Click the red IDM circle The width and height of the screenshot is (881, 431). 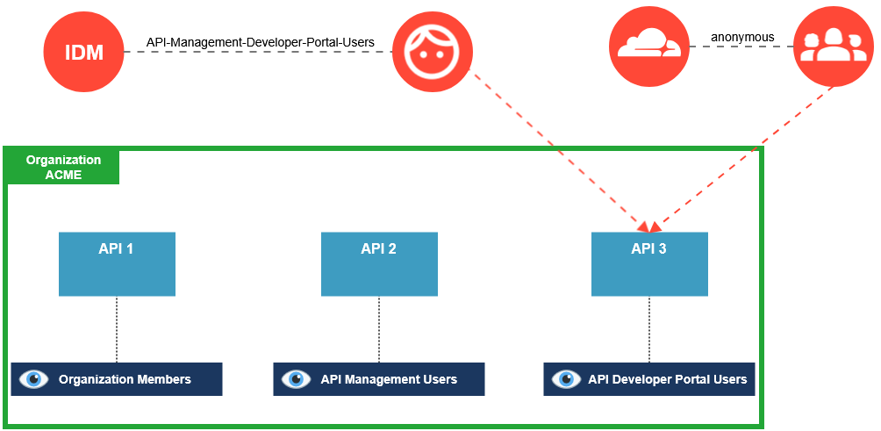(83, 53)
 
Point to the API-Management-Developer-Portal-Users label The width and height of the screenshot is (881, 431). (260, 41)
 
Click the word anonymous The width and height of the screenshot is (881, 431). (742, 37)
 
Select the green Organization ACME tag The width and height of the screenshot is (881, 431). (63, 167)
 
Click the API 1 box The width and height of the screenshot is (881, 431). (117, 263)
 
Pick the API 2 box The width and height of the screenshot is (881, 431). (379, 263)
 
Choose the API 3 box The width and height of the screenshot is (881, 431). (649, 263)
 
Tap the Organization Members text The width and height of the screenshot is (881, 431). (125, 380)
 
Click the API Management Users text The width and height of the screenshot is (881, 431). (389, 380)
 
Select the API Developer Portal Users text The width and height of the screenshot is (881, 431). (667, 380)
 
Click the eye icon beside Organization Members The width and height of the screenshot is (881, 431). (34, 379)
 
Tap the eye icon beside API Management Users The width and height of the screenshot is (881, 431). (297, 379)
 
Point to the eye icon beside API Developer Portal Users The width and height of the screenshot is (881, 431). (566, 379)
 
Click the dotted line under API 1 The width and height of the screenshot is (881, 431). (117, 329)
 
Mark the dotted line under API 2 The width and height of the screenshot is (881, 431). (379, 329)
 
